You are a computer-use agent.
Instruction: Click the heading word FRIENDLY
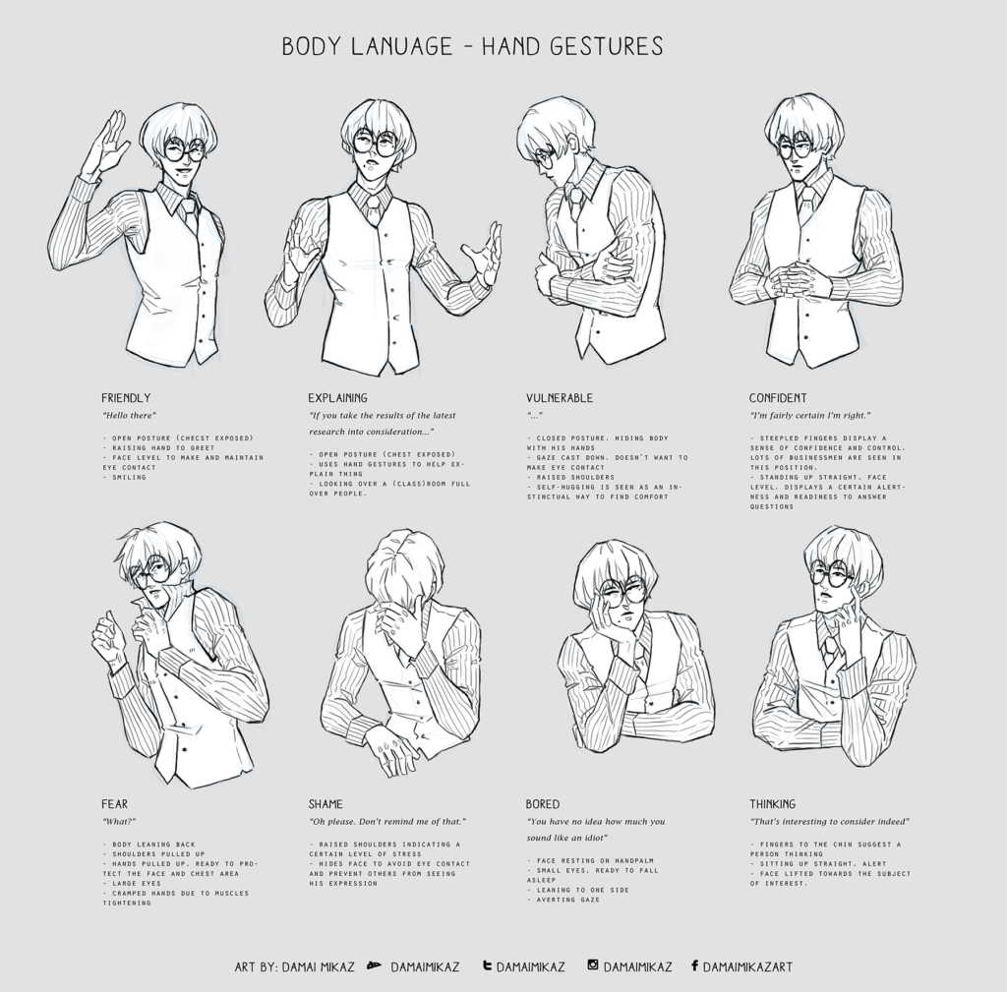pos(126,398)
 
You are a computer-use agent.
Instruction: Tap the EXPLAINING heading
pos(337,398)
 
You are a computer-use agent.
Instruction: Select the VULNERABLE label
pos(559,398)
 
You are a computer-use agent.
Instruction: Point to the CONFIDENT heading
pos(778,398)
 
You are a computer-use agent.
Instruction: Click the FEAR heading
pos(114,804)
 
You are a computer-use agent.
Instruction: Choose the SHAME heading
pos(326,804)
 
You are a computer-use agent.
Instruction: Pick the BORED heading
pos(543,804)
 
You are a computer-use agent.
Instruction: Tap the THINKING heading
pos(773,804)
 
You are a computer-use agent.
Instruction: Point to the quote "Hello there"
pos(129,416)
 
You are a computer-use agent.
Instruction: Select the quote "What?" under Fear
pos(118,821)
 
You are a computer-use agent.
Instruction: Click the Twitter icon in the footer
pos(487,966)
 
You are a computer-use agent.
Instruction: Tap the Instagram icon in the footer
pos(593,966)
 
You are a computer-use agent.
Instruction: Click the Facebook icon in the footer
pos(694,966)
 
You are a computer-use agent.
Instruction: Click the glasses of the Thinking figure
pos(829,573)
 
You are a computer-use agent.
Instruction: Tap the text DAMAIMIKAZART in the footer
pos(747,966)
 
